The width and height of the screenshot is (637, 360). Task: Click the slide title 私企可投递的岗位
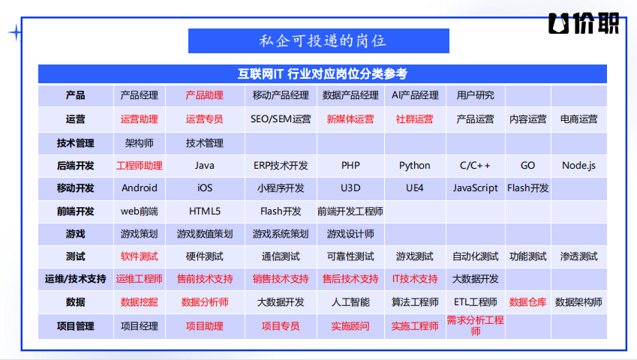(323, 41)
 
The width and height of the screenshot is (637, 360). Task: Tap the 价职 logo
(584, 23)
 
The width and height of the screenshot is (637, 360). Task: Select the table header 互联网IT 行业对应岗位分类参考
(323, 73)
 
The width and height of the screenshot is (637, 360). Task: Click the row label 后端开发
(76, 166)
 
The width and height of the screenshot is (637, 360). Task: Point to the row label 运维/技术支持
(76, 279)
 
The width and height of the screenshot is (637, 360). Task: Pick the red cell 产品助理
(204, 95)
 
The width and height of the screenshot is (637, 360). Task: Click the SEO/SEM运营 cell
(281, 119)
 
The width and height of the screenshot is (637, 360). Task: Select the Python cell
(414, 166)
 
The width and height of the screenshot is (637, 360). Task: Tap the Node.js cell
(578, 166)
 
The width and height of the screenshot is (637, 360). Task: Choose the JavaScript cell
(475, 188)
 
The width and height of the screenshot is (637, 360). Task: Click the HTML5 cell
(204, 211)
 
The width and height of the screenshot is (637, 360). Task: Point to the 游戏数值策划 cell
(204, 234)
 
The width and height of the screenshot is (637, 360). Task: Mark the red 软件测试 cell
(139, 256)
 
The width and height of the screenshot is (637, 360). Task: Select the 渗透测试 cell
(578, 256)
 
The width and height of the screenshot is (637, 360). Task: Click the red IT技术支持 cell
(414, 279)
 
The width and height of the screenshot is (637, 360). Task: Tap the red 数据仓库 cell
(527, 302)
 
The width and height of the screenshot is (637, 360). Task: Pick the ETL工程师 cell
(475, 302)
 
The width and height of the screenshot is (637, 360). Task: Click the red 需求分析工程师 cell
(475, 325)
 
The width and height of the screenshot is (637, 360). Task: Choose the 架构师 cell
(139, 142)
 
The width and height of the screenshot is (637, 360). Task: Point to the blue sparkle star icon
(16, 32)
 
